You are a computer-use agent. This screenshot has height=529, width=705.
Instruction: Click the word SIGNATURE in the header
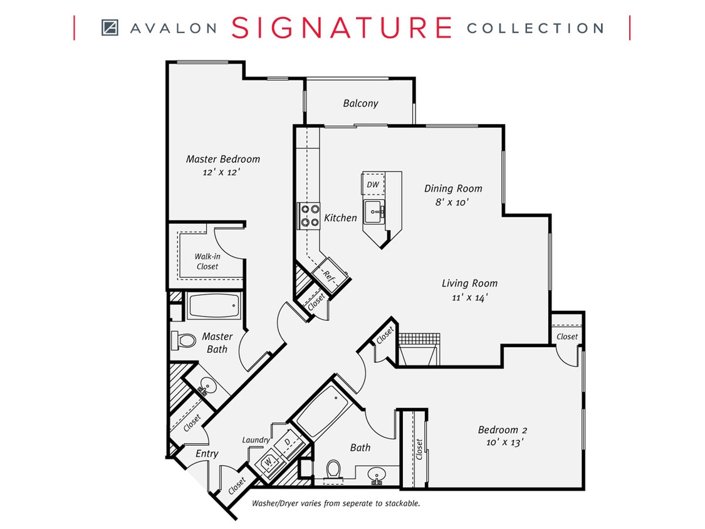pos(342,28)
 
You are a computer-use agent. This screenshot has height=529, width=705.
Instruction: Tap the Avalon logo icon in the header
pos(110,28)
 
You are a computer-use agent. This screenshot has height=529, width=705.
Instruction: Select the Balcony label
pos(360,103)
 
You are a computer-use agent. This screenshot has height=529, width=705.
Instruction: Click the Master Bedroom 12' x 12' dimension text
pos(222,171)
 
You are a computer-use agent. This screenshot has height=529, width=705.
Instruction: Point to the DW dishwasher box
pos(372,185)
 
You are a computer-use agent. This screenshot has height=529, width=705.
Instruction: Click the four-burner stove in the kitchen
pos(308,216)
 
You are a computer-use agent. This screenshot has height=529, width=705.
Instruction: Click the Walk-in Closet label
pos(206,261)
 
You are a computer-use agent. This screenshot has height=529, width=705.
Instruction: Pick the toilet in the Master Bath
pos(182,340)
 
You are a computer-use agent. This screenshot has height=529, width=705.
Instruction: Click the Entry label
pos(207,453)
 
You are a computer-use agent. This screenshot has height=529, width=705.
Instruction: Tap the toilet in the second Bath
pos(333,470)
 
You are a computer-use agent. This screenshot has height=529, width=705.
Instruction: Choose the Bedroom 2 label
pos(502,430)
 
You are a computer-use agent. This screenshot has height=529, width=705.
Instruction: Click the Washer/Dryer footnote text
pos(335,503)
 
